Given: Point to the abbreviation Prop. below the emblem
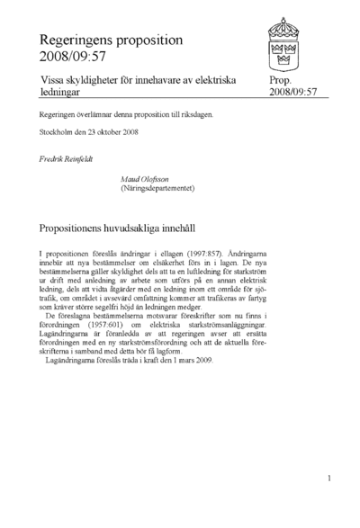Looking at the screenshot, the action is coord(281,81).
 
